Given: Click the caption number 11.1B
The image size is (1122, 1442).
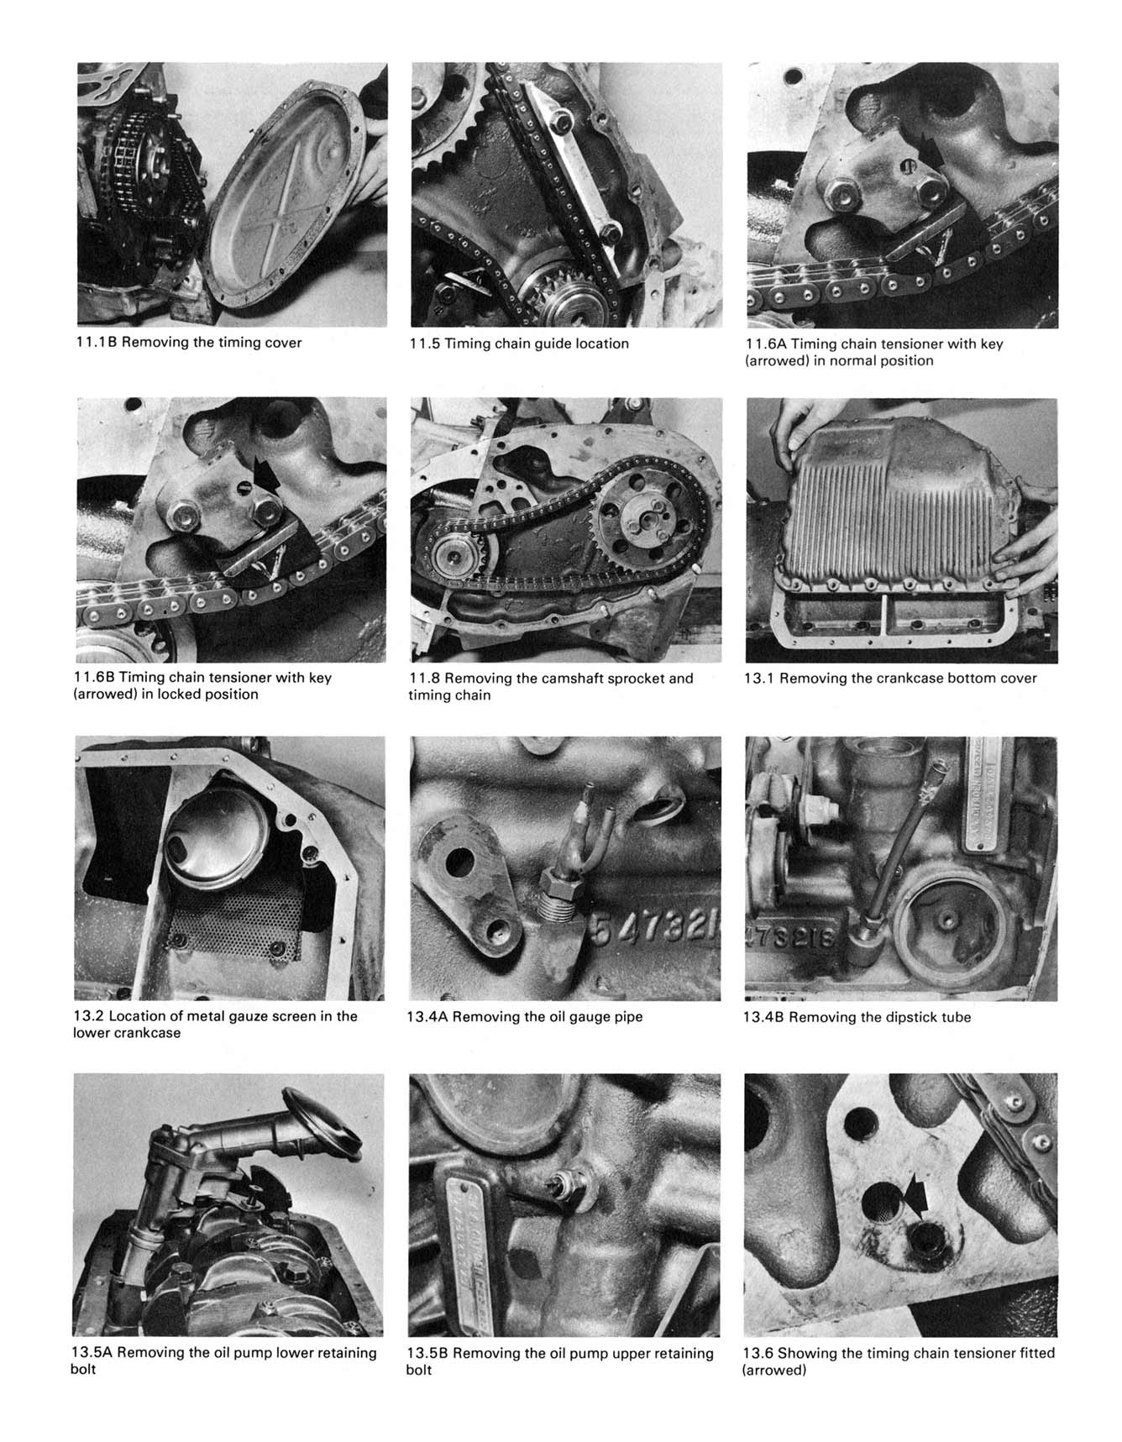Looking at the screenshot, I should coord(95,343).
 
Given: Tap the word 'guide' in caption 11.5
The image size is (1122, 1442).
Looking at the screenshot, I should coord(552,343).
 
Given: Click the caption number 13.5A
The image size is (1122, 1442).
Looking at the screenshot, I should coord(92,1353).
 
